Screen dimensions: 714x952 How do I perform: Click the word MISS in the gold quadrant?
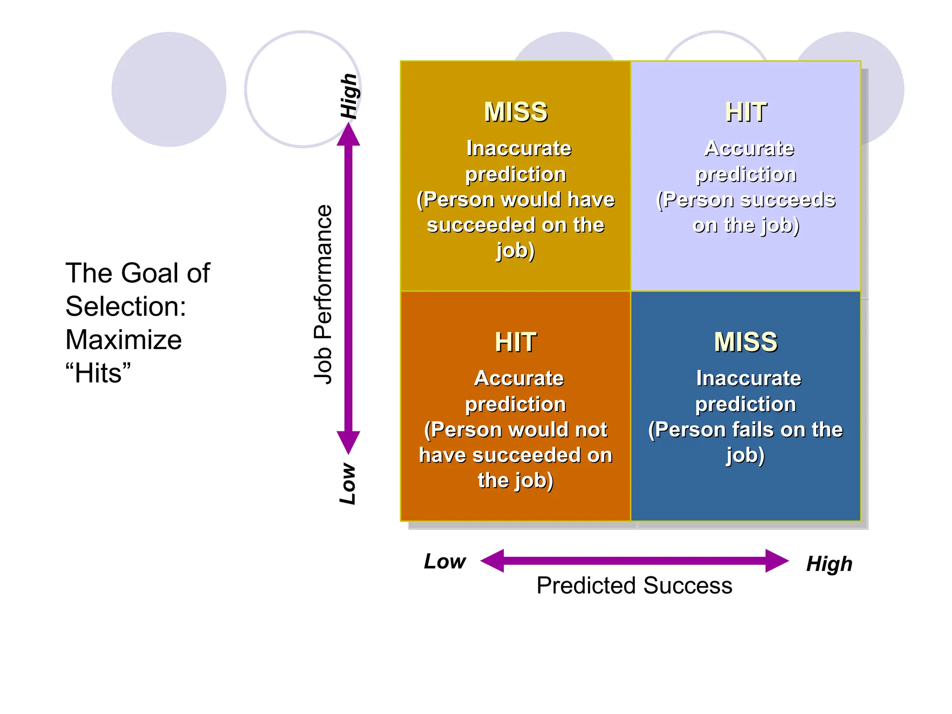pos(516,112)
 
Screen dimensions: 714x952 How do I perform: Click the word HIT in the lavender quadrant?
pos(746,112)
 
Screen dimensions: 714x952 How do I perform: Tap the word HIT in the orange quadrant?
pos(516,342)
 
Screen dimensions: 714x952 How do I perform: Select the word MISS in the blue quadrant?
pos(746,342)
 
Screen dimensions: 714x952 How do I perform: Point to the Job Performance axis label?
pos(323,294)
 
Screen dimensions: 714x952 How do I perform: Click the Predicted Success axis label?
pos(634,585)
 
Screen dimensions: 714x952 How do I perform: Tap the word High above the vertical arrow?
pos(349,96)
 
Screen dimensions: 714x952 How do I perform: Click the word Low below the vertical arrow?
pos(348,483)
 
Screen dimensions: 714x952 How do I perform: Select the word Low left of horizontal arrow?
pos(444,562)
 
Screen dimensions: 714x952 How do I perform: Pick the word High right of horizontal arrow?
pos(829,564)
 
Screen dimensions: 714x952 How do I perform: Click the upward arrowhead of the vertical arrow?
pos(348,135)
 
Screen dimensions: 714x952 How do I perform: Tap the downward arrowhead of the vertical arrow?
pos(348,442)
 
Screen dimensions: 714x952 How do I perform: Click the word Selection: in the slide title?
pos(126,307)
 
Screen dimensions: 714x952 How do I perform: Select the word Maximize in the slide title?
pos(124,340)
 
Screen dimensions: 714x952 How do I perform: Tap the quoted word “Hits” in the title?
pos(98,373)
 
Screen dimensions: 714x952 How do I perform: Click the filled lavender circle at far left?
pos(169,89)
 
